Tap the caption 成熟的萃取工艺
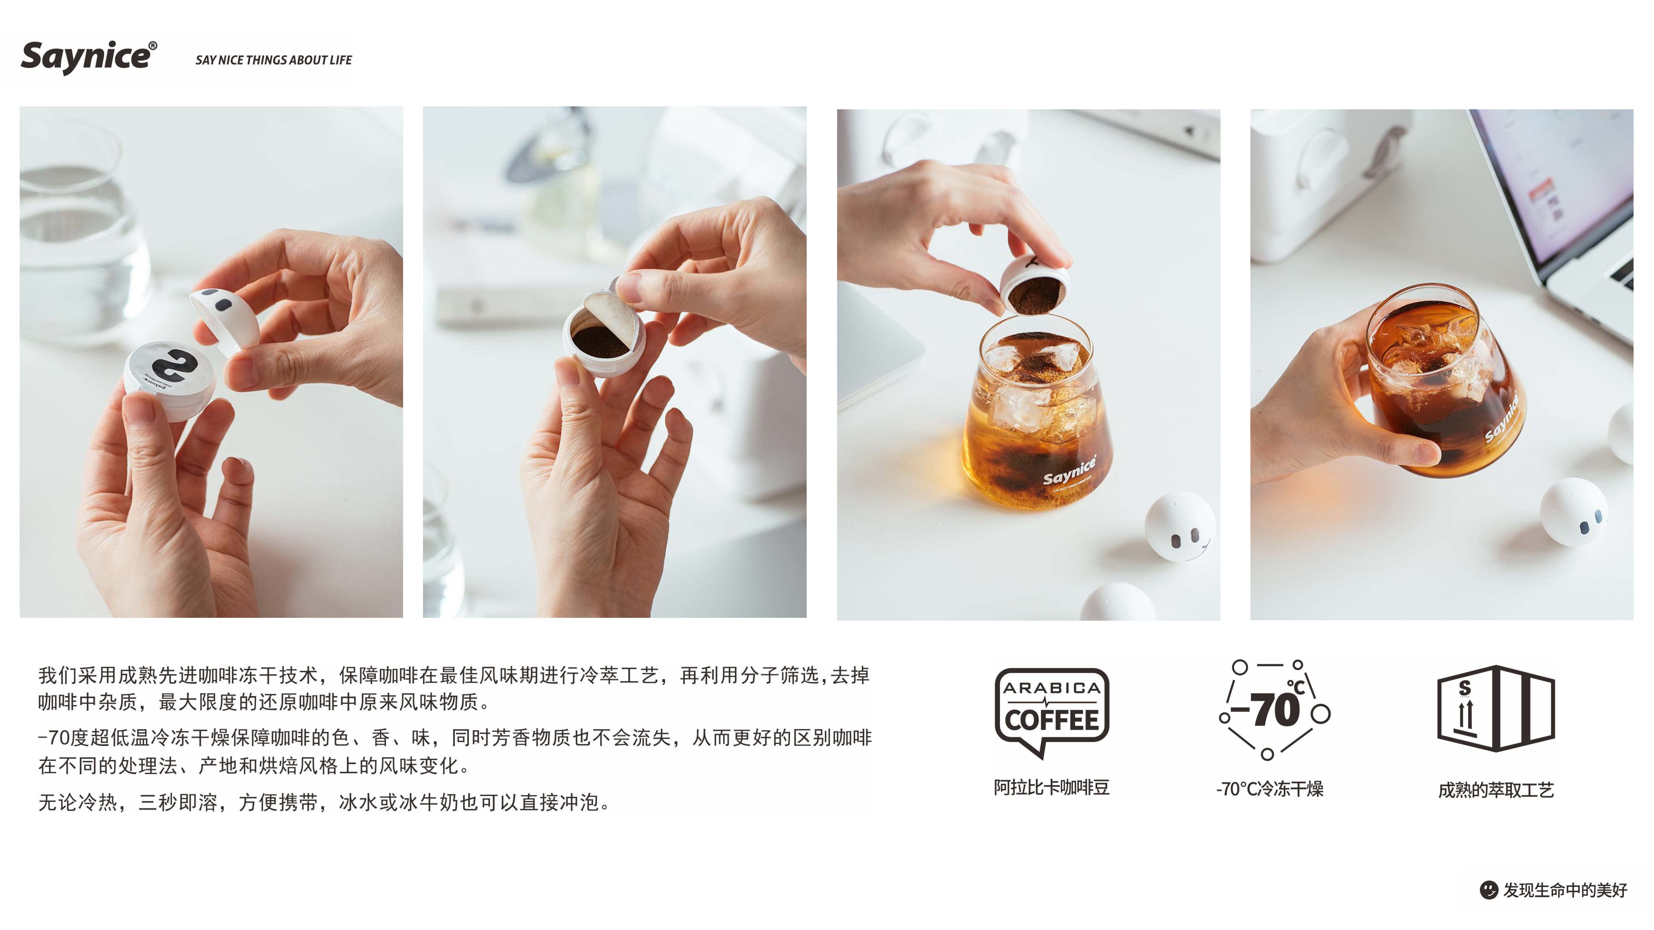1496,790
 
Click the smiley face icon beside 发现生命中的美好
1488,890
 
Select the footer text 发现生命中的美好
1565,890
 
